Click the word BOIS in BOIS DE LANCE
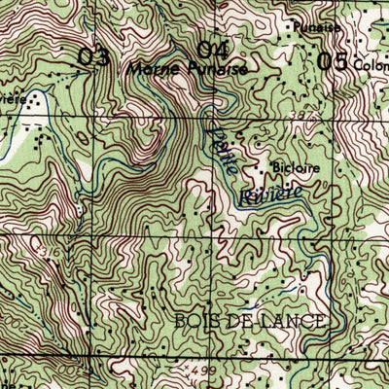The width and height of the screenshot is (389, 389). pyautogui.click(x=199, y=321)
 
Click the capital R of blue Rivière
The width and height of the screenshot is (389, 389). pyautogui.click(x=243, y=199)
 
